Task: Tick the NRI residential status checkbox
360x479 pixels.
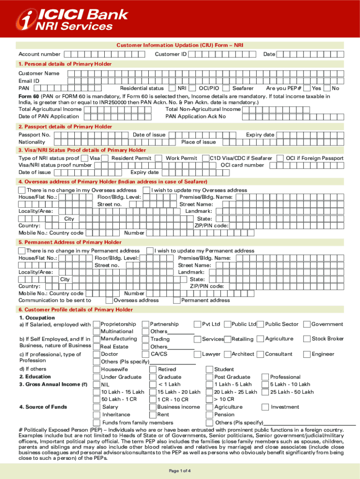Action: tap(173, 88)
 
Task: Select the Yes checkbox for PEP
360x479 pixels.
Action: tap(307, 88)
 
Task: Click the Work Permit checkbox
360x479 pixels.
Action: tap(159, 158)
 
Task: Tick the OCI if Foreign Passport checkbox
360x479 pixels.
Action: tap(281, 158)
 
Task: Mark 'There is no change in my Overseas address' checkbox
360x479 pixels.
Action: tap(22, 190)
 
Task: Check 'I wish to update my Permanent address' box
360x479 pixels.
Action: tap(150, 251)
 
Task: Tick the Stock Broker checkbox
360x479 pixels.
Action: tap(307, 339)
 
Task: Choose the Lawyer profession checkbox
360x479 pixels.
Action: tap(197, 354)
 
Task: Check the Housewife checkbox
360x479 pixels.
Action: tap(97, 369)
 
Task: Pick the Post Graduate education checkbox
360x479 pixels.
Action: tap(209, 377)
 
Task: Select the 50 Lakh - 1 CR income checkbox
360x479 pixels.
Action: tap(97, 399)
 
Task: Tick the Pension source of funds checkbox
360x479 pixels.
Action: tap(209, 414)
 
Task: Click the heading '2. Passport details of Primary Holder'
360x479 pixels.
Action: tap(65, 127)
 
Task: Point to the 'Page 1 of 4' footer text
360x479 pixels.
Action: tap(180, 470)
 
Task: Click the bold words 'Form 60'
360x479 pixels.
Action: tap(29, 96)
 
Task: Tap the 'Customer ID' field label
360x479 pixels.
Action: tap(171, 54)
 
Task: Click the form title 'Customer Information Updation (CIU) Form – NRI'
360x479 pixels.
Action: tap(180, 45)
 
